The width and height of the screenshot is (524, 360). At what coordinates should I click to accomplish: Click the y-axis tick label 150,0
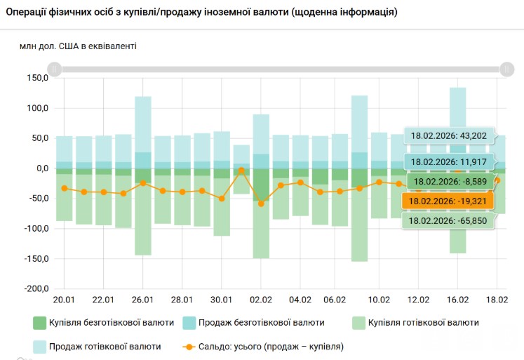pyautogui.click(x=36, y=79)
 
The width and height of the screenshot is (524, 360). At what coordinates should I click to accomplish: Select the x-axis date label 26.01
pyautogui.click(x=143, y=300)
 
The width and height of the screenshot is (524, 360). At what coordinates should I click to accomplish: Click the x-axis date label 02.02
pyautogui.click(x=261, y=300)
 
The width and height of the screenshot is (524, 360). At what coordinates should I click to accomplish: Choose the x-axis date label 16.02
pyautogui.click(x=457, y=300)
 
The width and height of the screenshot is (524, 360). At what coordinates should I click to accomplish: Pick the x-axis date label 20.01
pyautogui.click(x=65, y=300)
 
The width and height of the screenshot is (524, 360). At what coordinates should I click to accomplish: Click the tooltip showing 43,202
pyautogui.click(x=448, y=136)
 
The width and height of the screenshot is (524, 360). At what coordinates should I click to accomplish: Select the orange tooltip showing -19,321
pyautogui.click(x=447, y=201)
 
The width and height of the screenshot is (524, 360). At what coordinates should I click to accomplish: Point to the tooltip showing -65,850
pyautogui.click(x=447, y=221)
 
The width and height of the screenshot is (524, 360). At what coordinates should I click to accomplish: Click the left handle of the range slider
pyautogui.click(x=55, y=69)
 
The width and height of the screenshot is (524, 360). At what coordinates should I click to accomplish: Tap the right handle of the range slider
pyautogui.click(x=507, y=69)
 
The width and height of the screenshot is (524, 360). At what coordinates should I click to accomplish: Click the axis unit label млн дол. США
pyautogui.click(x=78, y=46)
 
